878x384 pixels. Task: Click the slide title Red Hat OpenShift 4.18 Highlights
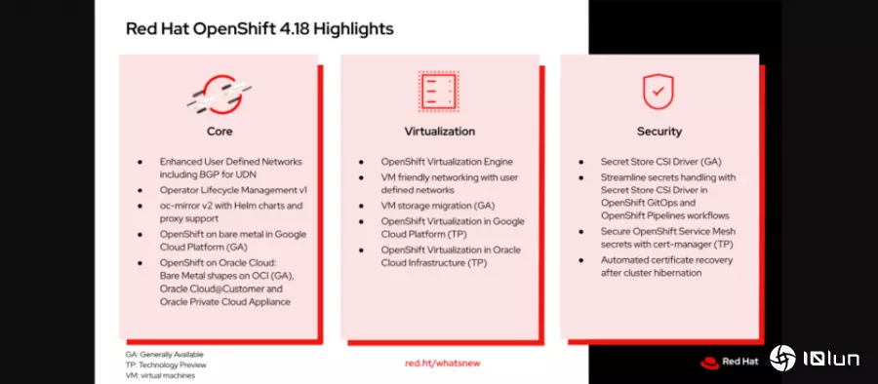(259, 29)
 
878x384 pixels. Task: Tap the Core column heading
(219, 131)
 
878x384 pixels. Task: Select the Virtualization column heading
(439, 131)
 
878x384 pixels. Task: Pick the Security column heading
(659, 131)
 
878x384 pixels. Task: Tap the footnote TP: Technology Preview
(166, 365)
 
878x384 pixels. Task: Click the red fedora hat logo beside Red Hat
(710, 360)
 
